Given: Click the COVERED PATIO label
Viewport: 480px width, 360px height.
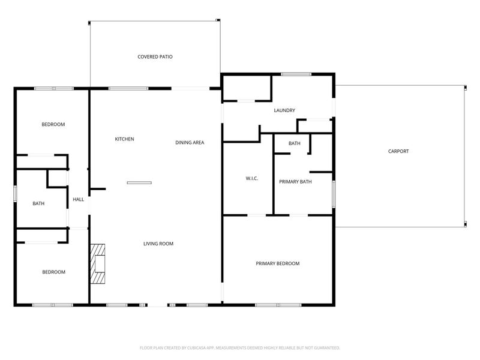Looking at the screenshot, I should [155, 57].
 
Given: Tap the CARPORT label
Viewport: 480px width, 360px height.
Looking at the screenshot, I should [398, 151].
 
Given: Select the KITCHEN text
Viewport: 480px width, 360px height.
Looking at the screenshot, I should [124, 139].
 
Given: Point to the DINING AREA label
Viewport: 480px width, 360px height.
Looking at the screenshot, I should [190, 143].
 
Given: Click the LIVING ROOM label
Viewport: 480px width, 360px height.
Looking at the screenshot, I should [158, 244].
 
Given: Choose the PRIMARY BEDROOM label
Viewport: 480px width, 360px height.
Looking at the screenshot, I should [277, 263].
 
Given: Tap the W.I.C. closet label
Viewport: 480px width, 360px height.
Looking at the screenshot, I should [251, 179].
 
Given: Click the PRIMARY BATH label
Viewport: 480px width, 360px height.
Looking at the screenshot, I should [295, 181].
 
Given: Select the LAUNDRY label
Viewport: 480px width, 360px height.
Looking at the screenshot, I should [284, 110].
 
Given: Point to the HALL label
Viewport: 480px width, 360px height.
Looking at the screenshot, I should [78, 200].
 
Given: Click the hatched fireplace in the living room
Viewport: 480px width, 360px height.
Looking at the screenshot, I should [97, 263].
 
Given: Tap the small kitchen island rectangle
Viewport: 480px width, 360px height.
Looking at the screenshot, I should [139, 182].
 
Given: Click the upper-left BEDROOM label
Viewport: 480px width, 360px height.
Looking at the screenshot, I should [53, 125].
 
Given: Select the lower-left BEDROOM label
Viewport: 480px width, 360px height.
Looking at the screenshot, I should [53, 272].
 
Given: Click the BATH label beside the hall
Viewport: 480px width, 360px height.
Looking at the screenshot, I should [38, 204].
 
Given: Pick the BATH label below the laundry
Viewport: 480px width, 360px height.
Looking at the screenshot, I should [294, 143].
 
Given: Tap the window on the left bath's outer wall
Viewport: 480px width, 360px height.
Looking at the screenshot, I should [15, 194].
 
